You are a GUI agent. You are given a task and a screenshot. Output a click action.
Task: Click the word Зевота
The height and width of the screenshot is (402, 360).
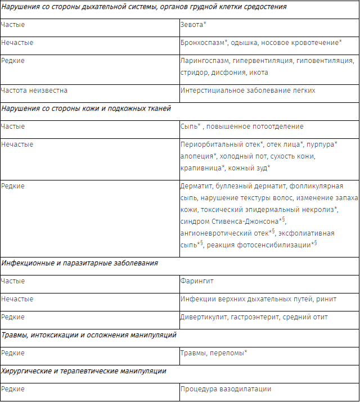coord(193,25)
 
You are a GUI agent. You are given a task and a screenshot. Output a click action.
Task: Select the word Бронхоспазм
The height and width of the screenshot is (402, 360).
coord(202,42)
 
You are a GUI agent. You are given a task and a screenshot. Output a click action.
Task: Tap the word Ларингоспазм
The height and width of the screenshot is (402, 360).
coord(205,60)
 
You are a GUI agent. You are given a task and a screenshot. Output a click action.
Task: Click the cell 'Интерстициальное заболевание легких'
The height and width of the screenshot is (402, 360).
coord(247,90)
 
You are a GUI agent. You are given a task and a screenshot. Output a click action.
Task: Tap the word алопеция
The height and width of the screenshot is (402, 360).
coord(196,156)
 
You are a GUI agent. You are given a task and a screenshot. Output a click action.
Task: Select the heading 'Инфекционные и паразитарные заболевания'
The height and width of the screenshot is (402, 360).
coord(79,263)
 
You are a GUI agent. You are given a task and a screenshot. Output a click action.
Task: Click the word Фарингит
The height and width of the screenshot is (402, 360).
coord(197,281)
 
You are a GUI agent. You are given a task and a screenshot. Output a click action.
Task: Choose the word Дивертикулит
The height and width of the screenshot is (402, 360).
coord(204,317)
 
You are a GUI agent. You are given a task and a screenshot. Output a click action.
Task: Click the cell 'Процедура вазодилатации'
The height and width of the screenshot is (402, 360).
coord(226,389)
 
